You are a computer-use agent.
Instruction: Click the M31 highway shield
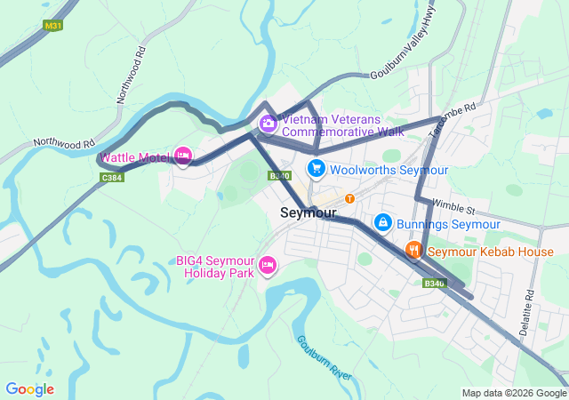click(x=54, y=26)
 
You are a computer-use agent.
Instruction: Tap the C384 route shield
click(x=111, y=178)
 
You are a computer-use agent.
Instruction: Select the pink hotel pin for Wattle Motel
click(x=183, y=156)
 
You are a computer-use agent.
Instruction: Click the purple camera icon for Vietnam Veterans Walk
click(x=267, y=123)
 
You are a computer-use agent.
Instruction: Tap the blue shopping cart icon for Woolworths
click(x=315, y=168)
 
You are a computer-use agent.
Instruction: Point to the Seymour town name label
click(x=308, y=213)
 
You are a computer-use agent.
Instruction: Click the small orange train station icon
click(x=349, y=198)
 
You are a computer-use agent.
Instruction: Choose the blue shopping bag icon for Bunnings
click(x=382, y=221)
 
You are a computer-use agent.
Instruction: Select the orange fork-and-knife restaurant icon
click(x=413, y=251)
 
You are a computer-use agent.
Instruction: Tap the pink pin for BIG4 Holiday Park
click(x=267, y=265)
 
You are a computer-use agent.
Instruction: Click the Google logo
click(x=29, y=389)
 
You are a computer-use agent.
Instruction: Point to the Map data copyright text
click(x=514, y=393)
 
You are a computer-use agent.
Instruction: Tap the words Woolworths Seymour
click(x=389, y=169)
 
